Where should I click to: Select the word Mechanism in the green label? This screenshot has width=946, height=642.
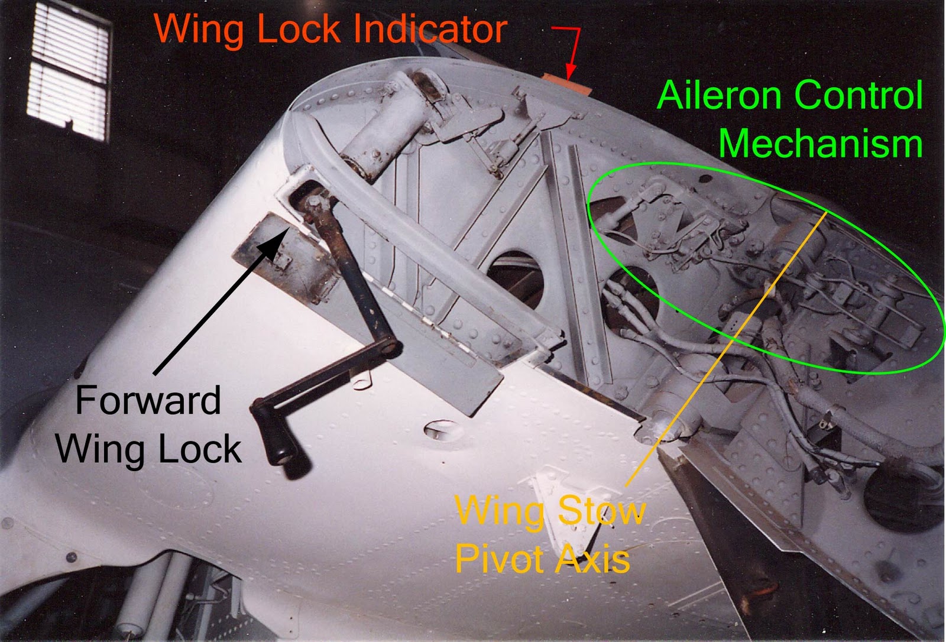coord(820,144)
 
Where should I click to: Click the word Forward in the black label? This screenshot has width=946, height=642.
coord(148,401)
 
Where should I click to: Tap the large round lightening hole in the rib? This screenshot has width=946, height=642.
coord(514,278)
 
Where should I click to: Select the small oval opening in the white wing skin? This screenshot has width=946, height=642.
coord(440,429)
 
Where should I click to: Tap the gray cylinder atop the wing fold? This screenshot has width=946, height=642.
coord(384,127)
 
